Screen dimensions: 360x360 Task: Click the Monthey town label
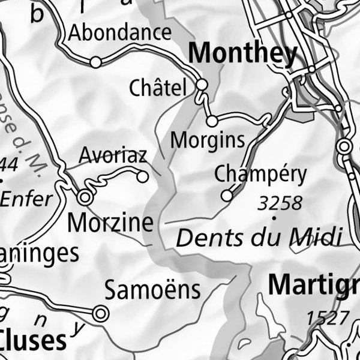243,54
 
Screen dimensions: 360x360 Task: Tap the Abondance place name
120,33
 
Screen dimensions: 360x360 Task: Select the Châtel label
158,89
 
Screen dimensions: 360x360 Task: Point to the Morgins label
208,140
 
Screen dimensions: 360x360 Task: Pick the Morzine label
111,223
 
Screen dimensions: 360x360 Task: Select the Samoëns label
152,290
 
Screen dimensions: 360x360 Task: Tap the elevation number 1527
328,317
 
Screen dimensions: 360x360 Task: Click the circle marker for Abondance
95,62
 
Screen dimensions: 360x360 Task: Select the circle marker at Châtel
202,85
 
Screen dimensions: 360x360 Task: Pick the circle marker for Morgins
212,122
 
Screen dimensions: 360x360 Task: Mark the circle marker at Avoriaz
142,177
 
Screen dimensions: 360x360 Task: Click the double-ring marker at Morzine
85,197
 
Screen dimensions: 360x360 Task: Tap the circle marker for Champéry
227,196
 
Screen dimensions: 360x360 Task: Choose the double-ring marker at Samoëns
100,313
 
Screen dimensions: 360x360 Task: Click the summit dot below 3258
274,218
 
